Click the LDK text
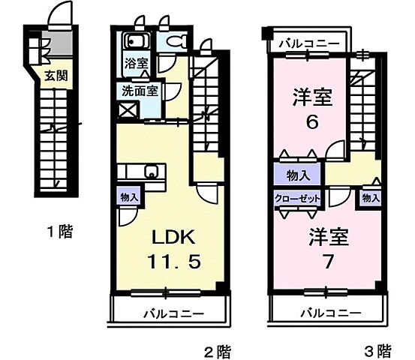coord(175,238)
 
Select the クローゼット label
coord(297,199)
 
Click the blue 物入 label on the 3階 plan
coord(298,175)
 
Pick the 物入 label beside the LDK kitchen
coord(129,196)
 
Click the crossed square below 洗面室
coord(128,111)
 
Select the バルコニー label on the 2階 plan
coord(170,313)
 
